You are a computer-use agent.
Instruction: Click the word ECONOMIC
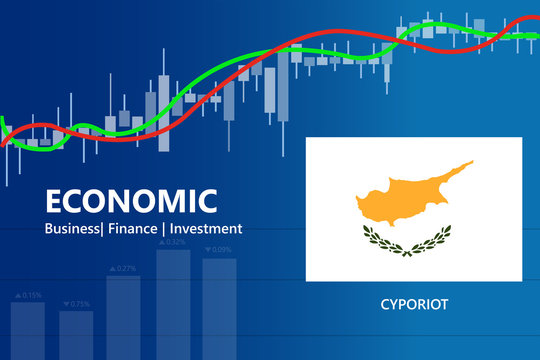131,201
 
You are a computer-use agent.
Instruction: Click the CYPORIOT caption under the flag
413,303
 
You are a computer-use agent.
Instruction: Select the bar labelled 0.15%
28,330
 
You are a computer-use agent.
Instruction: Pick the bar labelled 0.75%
76,334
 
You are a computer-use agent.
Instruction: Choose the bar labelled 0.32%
173,304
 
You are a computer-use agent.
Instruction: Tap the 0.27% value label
127,268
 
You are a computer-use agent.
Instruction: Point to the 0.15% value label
32,295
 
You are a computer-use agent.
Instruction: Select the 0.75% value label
79,304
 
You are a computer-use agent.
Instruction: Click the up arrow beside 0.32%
161,242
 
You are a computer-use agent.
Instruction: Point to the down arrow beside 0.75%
65,304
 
